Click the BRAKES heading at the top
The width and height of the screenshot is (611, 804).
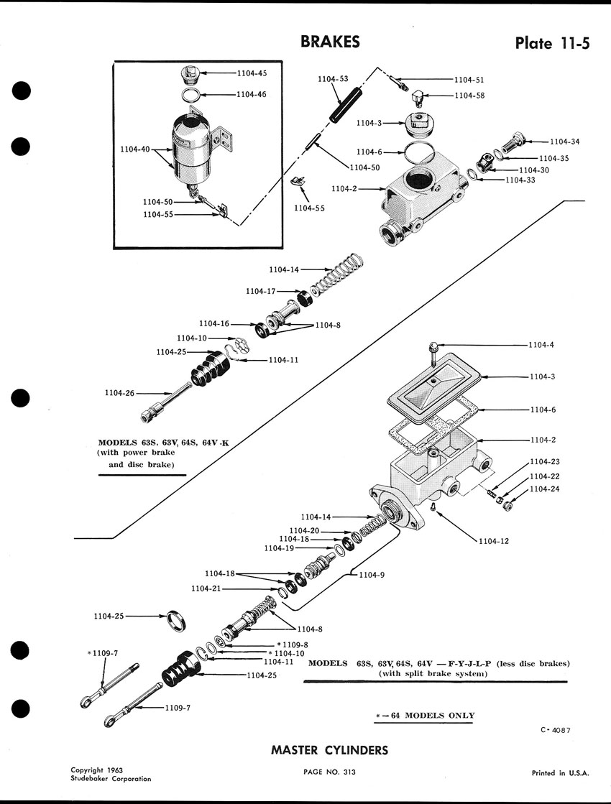tap(330, 42)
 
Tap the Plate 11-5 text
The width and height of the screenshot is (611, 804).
tap(552, 43)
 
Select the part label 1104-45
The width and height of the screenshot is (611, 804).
tap(252, 73)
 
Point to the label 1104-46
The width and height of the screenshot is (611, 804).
tap(252, 94)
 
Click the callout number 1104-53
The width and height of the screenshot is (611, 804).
tap(333, 79)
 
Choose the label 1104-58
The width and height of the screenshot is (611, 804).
tap(470, 95)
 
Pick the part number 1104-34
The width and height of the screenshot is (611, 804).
tap(564, 142)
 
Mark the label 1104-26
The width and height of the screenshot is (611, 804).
tap(120, 393)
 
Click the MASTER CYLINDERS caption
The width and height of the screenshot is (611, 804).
tap(329, 750)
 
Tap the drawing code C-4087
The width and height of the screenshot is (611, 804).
tap(556, 730)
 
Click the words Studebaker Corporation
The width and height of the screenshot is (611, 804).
tap(111, 778)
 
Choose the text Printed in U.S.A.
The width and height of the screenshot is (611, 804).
tap(560, 773)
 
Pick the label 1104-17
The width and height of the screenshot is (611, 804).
tap(260, 291)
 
